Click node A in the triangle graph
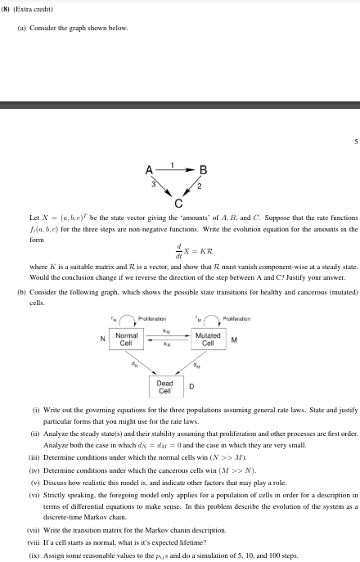pyautogui.click(x=148, y=170)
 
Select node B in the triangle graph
pyautogui.click(x=204, y=170)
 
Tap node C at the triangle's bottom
pyautogui.click(x=178, y=203)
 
